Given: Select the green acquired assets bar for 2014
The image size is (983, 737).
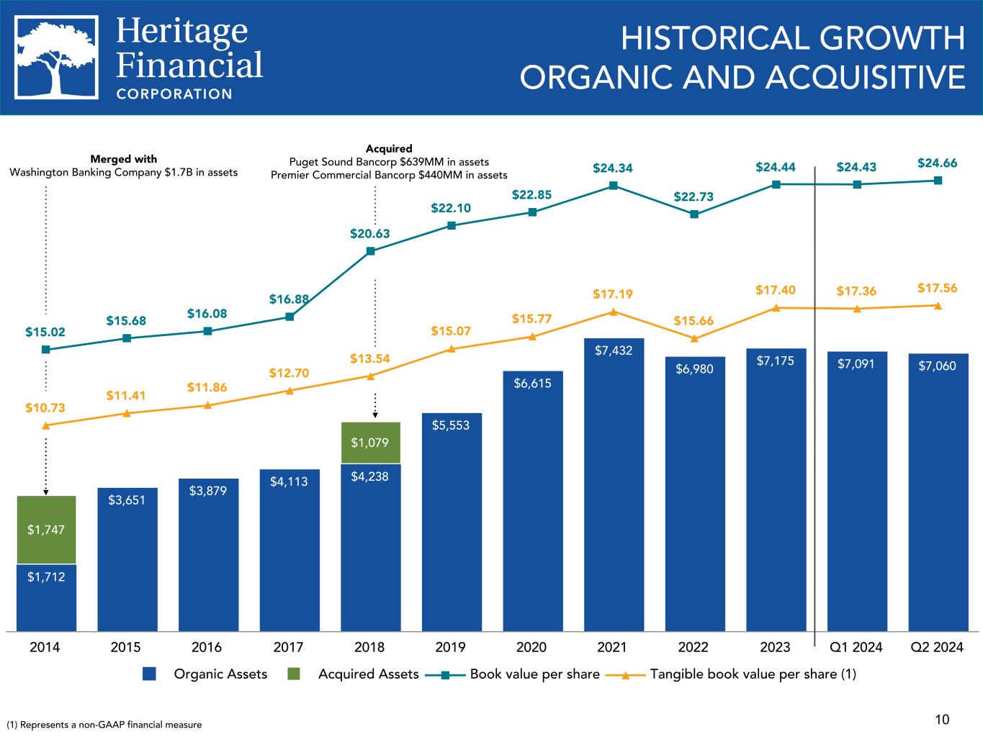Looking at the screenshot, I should click(46, 530).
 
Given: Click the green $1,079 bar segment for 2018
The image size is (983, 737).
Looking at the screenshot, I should click(370, 442).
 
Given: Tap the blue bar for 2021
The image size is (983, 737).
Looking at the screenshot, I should click(614, 489).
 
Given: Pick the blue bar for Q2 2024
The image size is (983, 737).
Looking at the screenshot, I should click(938, 497).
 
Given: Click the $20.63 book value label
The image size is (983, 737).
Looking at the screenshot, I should click(370, 233).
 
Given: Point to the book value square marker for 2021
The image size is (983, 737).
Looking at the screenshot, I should click(614, 186).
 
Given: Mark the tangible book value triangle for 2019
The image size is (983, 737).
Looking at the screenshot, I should click(452, 349).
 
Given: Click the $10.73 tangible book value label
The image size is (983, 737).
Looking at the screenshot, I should click(45, 407).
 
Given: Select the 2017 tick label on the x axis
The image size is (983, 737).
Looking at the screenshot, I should click(289, 647).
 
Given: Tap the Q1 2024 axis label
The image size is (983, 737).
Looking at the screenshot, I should click(856, 647).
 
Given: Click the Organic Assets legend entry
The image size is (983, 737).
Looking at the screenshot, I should click(207, 674).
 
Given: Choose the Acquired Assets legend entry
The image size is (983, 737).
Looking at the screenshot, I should click(357, 674).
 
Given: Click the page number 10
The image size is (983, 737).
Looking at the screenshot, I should click(942, 719).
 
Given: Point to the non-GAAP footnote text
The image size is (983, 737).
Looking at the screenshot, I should click(104, 725).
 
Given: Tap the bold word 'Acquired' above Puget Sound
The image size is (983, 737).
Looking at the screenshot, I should click(389, 149).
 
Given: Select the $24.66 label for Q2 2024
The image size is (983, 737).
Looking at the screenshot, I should click(938, 163).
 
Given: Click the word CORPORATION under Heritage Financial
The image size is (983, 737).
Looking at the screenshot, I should click(174, 94).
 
